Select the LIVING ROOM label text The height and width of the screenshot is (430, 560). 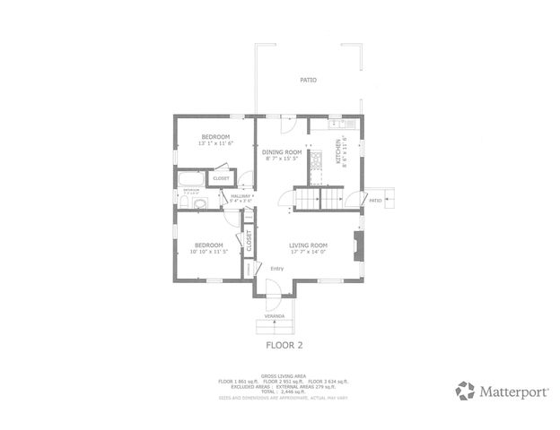click(307, 245)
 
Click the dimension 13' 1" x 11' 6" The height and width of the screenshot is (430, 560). click(215, 143)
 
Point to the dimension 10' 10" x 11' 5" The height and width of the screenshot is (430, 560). click(209, 251)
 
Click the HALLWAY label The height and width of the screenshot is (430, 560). click(241, 195)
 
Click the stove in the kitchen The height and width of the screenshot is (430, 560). click(315, 161)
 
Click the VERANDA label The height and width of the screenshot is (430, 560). click(274, 316)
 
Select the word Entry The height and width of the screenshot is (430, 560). click(276, 267)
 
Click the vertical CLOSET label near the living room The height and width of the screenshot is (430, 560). click(249, 240)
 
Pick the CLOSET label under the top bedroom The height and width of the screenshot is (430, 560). click(221, 178)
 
